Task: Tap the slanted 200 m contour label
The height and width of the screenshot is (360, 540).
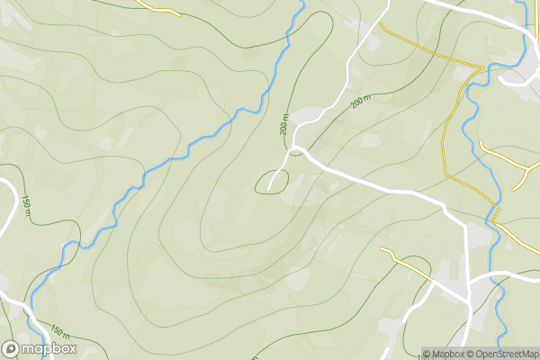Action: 361,103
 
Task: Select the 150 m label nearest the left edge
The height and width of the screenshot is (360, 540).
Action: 26,207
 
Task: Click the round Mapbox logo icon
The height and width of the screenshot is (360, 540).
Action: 11,348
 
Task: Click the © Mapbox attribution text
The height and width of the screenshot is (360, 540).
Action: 449,353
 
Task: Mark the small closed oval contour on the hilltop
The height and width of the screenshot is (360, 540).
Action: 272,183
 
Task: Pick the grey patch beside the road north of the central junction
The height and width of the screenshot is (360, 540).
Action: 308,114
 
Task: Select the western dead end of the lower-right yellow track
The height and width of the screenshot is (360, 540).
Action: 382,249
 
